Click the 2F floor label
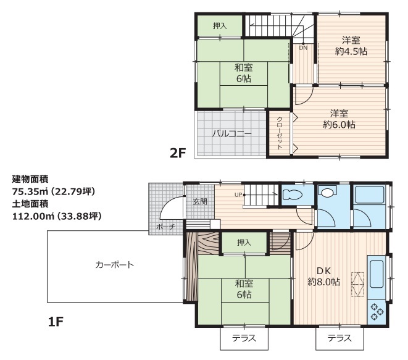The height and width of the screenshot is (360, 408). pyautogui.click(x=178, y=153)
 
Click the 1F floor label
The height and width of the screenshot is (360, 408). pyautogui.click(x=56, y=322)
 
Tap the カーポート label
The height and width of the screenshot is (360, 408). pyautogui.click(x=114, y=265)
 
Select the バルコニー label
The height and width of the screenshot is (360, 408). pyautogui.click(x=231, y=134)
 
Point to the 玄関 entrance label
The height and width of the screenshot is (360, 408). pyautogui.click(x=200, y=201)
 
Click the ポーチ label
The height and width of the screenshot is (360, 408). pyautogui.click(x=165, y=227)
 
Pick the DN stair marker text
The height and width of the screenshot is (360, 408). pyautogui.click(x=303, y=48)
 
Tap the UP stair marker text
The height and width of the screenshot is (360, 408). pyautogui.click(x=238, y=195)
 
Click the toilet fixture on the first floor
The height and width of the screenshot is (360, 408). pyautogui.click(x=293, y=194)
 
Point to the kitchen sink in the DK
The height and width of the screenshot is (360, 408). pyautogui.click(x=377, y=274)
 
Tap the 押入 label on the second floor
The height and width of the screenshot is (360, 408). pyautogui.click(x=220, y=26)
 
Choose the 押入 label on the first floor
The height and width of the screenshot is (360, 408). pyautogui.click(x=244, y=243)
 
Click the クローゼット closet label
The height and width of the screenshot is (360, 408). pyautogui.click(x=280, y=133)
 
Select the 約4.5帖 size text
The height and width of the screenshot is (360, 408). pyautogui.click(x=351, y=51)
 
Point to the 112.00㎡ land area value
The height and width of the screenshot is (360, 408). pyautogui.click(x=33, y=216)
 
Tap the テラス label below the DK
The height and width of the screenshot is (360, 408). pyautogui.click(x=339, y=338)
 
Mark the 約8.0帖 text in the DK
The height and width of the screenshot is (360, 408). pyautogui.click(x=323, y=282)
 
